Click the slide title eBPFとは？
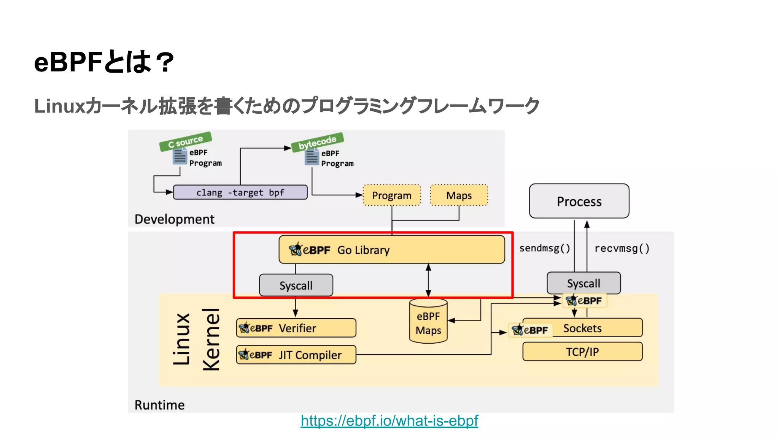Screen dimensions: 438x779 [x=104, y=62]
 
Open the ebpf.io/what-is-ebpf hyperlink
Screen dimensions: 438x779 [x=389, y=421]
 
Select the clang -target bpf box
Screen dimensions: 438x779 [x=240, y=192]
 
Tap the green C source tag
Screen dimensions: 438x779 [x=185, y=141]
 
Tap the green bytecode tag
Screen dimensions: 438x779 [x=317, y=142]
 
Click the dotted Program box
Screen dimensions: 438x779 [x=392, y=195]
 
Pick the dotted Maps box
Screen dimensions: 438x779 [x=459, y=195]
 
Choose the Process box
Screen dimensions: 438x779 [x=579, y=201]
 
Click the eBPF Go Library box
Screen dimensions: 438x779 [x=392, y=250]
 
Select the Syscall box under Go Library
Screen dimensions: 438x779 [x=296, y=285]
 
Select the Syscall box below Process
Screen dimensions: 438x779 [x=583, y=283]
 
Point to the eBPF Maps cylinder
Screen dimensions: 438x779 [x=428, y=322]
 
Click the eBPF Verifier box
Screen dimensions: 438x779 [x=296, y=328]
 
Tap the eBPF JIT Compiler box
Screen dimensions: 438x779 [x=296, y=355]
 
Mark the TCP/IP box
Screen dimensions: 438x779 [x=582, y=352]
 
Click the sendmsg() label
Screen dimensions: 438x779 [x=545, y=248]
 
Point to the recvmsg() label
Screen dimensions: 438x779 [x=622, y=248]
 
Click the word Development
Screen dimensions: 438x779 [x=175, y=219]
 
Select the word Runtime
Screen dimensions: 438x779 [x=160, y=405]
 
